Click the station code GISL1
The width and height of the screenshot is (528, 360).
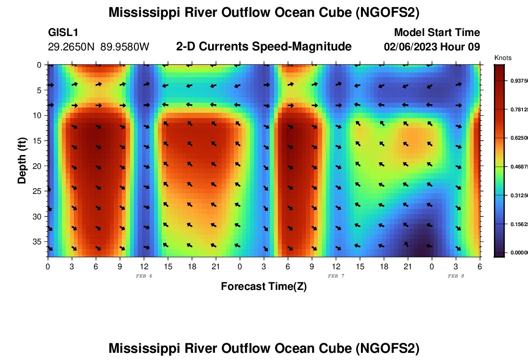click(63, 33)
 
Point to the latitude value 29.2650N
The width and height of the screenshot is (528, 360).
click(72, 47)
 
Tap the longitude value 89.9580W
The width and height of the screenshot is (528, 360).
click(125, 47)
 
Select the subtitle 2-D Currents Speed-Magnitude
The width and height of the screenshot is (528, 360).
click(264, 47)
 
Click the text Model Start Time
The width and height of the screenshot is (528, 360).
click(437, 33)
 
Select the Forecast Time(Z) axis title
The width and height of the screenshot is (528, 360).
click(264, 287)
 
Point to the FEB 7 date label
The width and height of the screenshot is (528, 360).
click(336, 276)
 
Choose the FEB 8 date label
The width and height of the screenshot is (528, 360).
click(456, 276)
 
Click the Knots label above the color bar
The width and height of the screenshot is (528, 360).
click(503, 58)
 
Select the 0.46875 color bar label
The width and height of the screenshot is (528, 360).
click(517, 167)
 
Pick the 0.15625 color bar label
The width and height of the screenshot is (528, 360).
click(517, 224)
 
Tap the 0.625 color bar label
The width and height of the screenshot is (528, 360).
click(517, 138)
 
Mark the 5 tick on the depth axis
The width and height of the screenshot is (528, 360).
click(39, 90)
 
